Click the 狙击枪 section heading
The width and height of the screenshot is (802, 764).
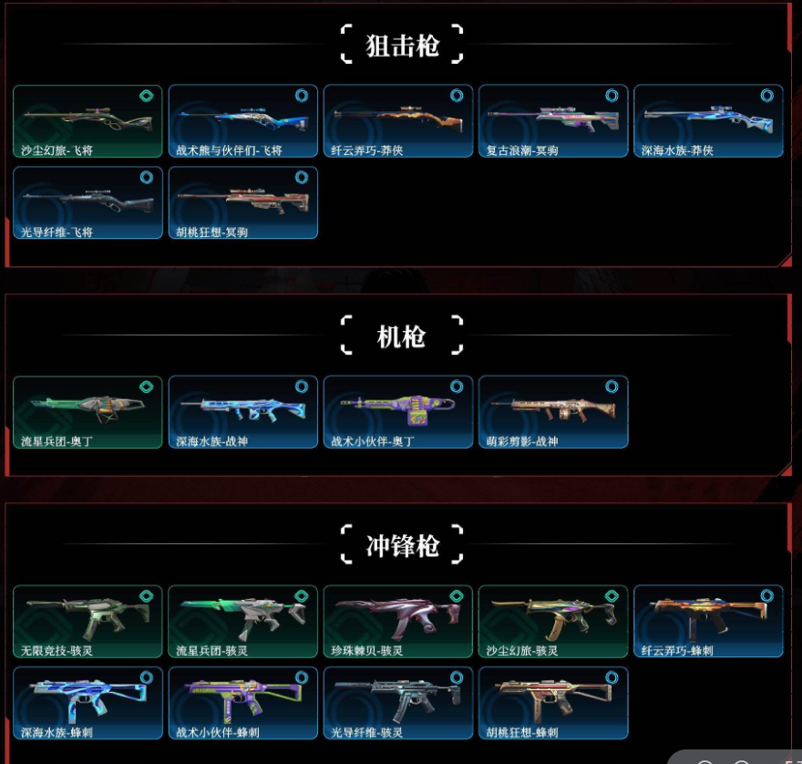tap(402, 46)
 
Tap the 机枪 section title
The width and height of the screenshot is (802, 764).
tap(402, 336)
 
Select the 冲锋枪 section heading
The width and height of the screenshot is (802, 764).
tap(402, 546)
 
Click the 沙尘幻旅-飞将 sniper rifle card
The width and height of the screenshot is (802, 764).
tap(87, 121)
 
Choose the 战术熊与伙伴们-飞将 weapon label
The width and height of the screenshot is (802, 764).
tap(229, 150)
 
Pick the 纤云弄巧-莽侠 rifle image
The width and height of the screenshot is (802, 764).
tap(397, 115)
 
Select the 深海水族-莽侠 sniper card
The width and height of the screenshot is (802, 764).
tap(708, 121)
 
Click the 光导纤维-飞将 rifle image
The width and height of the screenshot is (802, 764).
tap(87, 196)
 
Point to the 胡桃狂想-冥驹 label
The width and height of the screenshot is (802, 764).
tap(212, 232)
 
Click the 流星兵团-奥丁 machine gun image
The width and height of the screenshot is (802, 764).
tap(87, 406)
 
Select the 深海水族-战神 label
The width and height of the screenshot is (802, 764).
tap(212, 441)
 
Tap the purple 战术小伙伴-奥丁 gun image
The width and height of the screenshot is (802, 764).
tap(397, 406)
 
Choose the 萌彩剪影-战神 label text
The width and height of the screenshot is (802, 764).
tap(522, 441)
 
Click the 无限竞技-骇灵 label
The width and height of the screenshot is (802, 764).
tap(57, 651)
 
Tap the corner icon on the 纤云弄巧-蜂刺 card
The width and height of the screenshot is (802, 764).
tap(766, 595)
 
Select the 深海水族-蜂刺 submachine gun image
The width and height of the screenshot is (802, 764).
tap(87, 697)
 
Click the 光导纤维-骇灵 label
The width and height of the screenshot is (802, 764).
tap(367, 732)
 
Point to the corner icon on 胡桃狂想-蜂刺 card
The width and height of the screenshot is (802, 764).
tap(612, 677)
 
